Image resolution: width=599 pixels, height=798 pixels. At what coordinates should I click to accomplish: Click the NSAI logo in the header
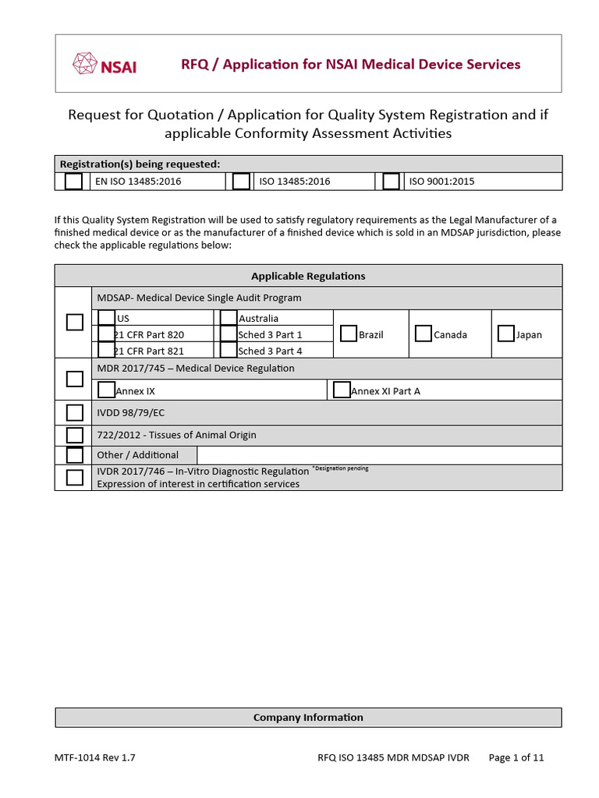[x=104, y=64]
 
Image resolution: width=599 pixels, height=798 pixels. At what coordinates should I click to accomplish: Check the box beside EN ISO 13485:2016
[x=73, y=182]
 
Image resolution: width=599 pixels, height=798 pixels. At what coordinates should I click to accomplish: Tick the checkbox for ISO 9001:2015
[x=391, y=182]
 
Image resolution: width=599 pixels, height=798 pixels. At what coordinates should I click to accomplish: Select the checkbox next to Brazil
[x=349, y=334]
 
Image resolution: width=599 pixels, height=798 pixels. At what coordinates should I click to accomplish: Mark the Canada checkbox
[x=424, y=334]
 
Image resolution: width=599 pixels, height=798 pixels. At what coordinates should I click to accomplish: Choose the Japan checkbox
[x=506, y=334]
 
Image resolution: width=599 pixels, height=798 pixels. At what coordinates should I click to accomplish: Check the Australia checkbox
[x=229, y=317]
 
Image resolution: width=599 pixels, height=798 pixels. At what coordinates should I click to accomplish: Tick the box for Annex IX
[x=107, y=390]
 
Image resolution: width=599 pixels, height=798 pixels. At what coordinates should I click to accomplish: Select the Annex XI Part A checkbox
[x=342, y=390]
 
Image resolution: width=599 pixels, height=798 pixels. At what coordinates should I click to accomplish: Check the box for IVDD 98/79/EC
[x=75, y=412]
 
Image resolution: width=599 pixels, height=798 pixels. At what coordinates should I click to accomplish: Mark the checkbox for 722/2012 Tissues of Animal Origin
[x=75, y=435]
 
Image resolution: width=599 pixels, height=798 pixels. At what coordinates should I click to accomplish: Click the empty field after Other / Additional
[x=379, y=455]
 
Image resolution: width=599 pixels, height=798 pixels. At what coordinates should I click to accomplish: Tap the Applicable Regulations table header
[x=308, y=276]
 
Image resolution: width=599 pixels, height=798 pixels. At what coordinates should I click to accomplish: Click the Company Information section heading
[x=308, y=717]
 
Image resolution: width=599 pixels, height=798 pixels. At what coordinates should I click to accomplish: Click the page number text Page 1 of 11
[x=516, y=757]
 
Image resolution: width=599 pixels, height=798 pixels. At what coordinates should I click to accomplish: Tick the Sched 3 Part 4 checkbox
[x=229, y=351]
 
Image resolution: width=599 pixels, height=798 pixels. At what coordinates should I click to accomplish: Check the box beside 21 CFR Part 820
[x=107, y=334]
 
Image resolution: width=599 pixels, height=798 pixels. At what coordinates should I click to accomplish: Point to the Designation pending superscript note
[x=340, y=468]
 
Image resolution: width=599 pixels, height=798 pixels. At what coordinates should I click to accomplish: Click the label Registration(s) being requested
[x=140, y=164]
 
